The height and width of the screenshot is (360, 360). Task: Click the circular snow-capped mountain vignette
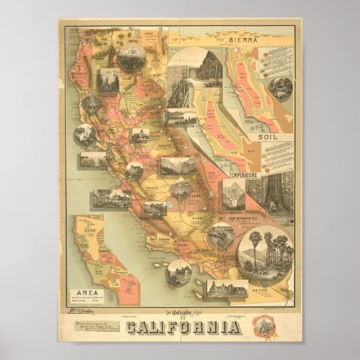click(130, 58)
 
